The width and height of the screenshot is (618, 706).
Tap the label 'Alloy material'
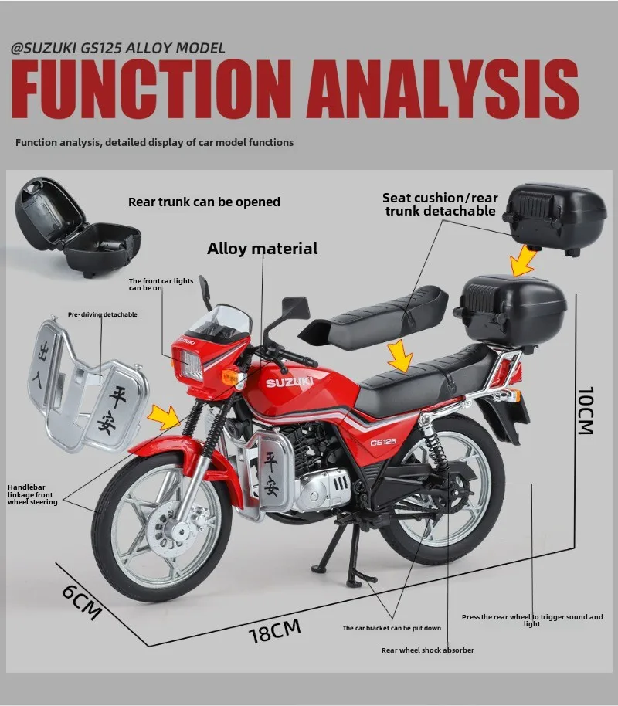point(262,249)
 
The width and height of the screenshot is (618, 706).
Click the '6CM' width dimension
point(81,602)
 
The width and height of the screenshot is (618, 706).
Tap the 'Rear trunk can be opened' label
point(204,202)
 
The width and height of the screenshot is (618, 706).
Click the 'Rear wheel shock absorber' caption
point(427,650)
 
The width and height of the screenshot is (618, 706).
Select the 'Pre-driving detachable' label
point(102,314)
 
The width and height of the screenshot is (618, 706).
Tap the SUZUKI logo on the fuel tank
point(289,382)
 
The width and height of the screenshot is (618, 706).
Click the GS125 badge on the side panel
point(383,443)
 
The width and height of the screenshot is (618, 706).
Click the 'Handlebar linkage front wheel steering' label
point(32,494)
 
